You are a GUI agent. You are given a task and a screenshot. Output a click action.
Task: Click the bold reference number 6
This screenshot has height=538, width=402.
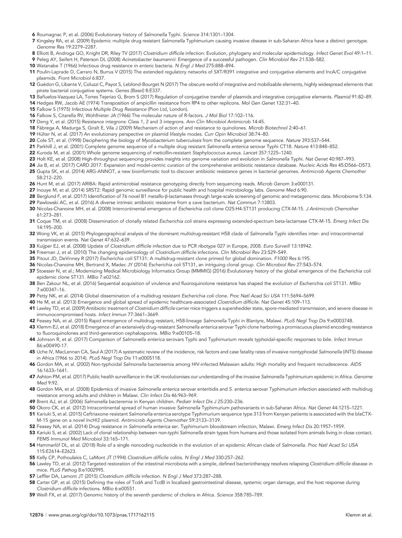(x=33, y=35)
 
